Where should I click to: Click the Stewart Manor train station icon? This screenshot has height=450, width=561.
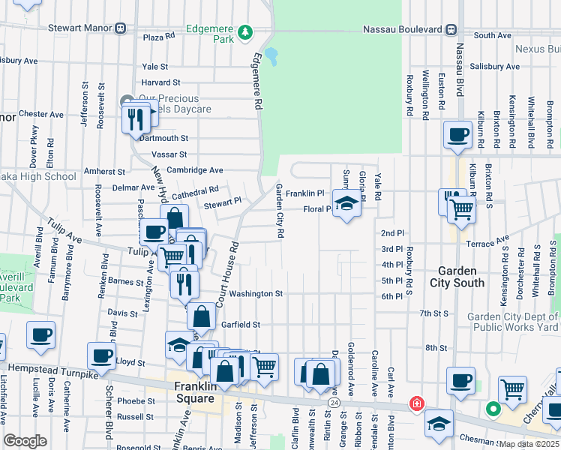click(x=120, y=28)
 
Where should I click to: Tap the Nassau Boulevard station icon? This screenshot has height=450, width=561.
click(x=451, y=29)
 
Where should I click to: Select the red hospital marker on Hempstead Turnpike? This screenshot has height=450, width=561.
click(x=415, y=405)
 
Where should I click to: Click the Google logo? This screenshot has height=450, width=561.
click(x=25, y=441)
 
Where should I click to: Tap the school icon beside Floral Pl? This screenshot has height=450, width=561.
click(x=346, y=204)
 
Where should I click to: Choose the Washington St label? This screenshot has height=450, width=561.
click(x=256, y=294)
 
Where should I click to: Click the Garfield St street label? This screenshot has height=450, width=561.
click(x=240, y=325)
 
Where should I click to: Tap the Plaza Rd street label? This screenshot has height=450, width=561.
click(x=158, y=36)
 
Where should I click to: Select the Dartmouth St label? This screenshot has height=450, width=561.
click(x=163, y=138)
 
